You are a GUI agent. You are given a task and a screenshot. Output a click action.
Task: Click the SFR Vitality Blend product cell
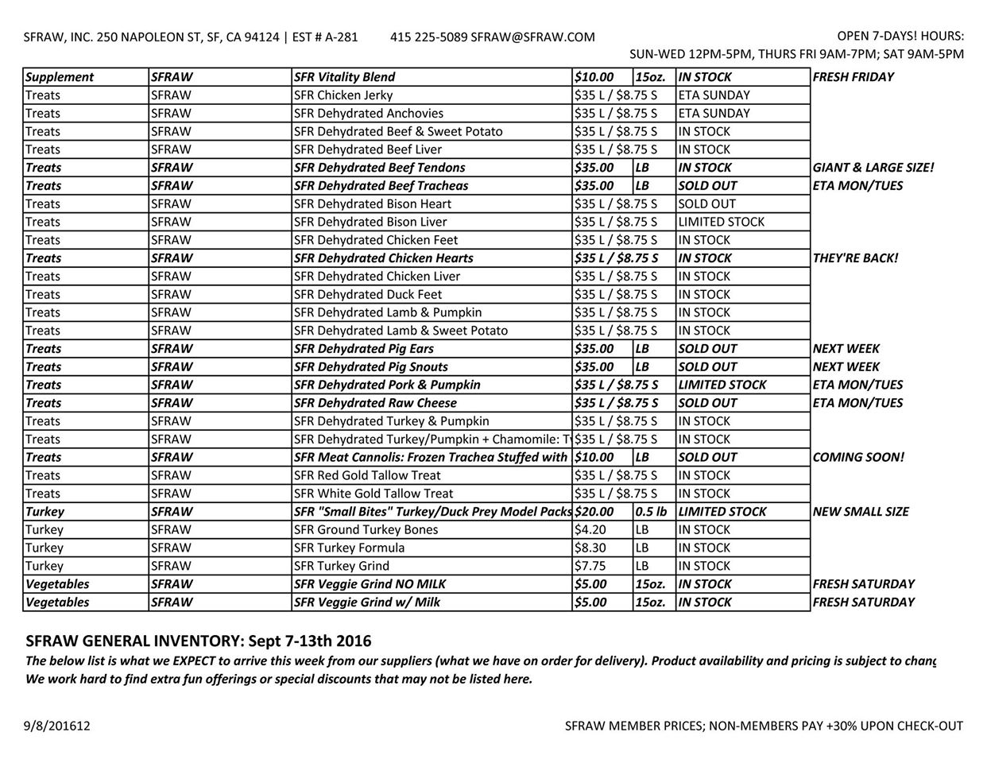tap(344, 77)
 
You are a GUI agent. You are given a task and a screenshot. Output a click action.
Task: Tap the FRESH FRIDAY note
tap(853, 77)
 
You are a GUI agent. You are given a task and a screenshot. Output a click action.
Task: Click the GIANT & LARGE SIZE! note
tap(873, 168)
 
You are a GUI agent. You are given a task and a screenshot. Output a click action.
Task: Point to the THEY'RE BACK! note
tap(856, 258)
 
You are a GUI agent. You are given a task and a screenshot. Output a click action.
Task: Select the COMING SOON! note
tap(858, 457)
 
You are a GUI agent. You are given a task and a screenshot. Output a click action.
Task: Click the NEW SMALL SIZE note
tap(861, 512)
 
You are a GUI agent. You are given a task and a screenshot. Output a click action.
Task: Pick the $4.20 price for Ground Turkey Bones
tap(590, 530)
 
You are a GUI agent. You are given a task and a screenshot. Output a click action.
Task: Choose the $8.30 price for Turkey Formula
tap(590, 548)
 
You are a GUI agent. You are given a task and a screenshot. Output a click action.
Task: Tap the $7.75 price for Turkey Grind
tap(590, 566)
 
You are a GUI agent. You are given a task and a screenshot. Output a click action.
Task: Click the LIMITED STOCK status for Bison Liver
tap(721, 222)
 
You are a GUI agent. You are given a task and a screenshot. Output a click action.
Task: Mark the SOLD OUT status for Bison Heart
tap(706, 204)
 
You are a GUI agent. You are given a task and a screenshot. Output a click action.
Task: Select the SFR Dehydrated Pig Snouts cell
tap(370, 366)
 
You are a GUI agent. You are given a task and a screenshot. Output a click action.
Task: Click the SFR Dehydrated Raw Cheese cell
tap(375, 403)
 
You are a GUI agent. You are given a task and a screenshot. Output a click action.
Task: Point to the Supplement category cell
tap(60, 77)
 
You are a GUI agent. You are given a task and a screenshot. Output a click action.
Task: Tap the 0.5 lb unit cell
tap(652, 512)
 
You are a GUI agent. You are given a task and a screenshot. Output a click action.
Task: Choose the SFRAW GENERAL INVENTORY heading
tap(199, 641)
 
